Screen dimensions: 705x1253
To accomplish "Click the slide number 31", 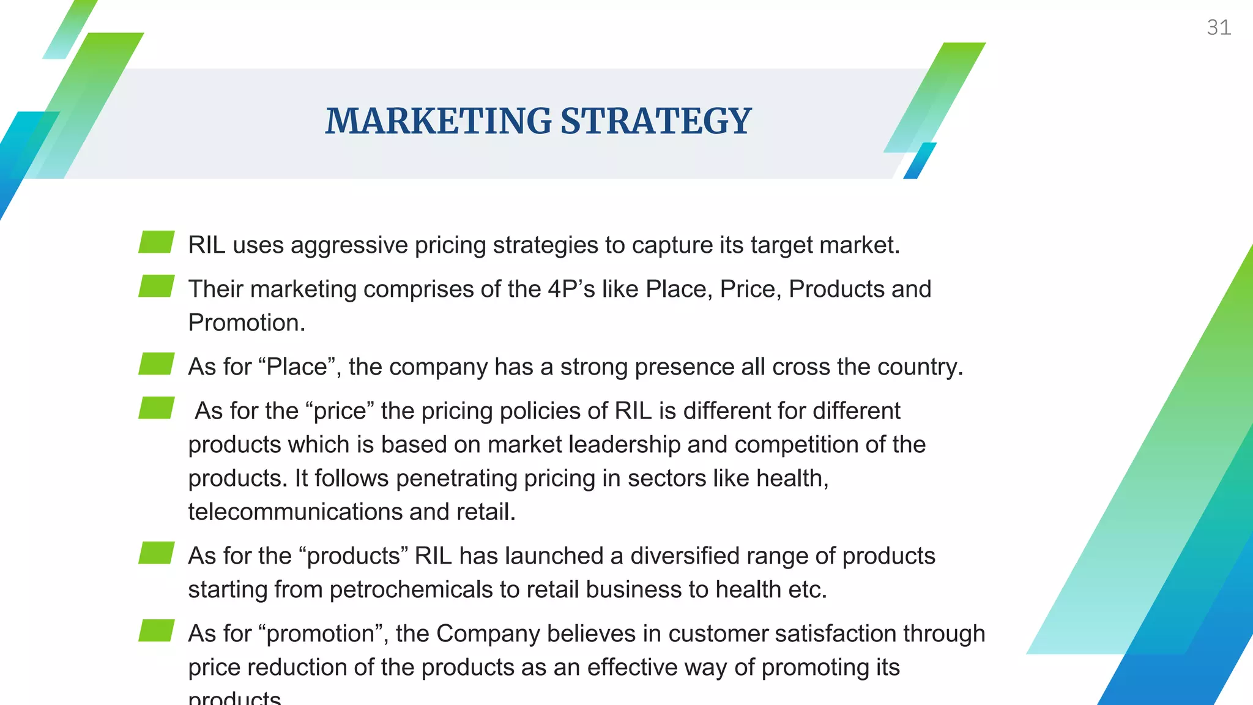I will (1218, 28).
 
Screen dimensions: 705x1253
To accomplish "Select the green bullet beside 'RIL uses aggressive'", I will (157, 242).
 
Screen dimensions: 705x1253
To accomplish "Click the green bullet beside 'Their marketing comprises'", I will (157, 286).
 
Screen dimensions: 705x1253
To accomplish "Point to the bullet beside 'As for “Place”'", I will (157, 364).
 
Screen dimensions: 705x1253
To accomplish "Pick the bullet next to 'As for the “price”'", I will (157, 408).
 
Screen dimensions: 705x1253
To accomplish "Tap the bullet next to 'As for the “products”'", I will (157, 553).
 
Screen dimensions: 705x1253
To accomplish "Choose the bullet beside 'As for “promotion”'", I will (157, 630).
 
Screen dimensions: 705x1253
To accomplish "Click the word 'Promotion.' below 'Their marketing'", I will (247, 323).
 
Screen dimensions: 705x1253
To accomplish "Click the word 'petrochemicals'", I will (411, 589).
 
